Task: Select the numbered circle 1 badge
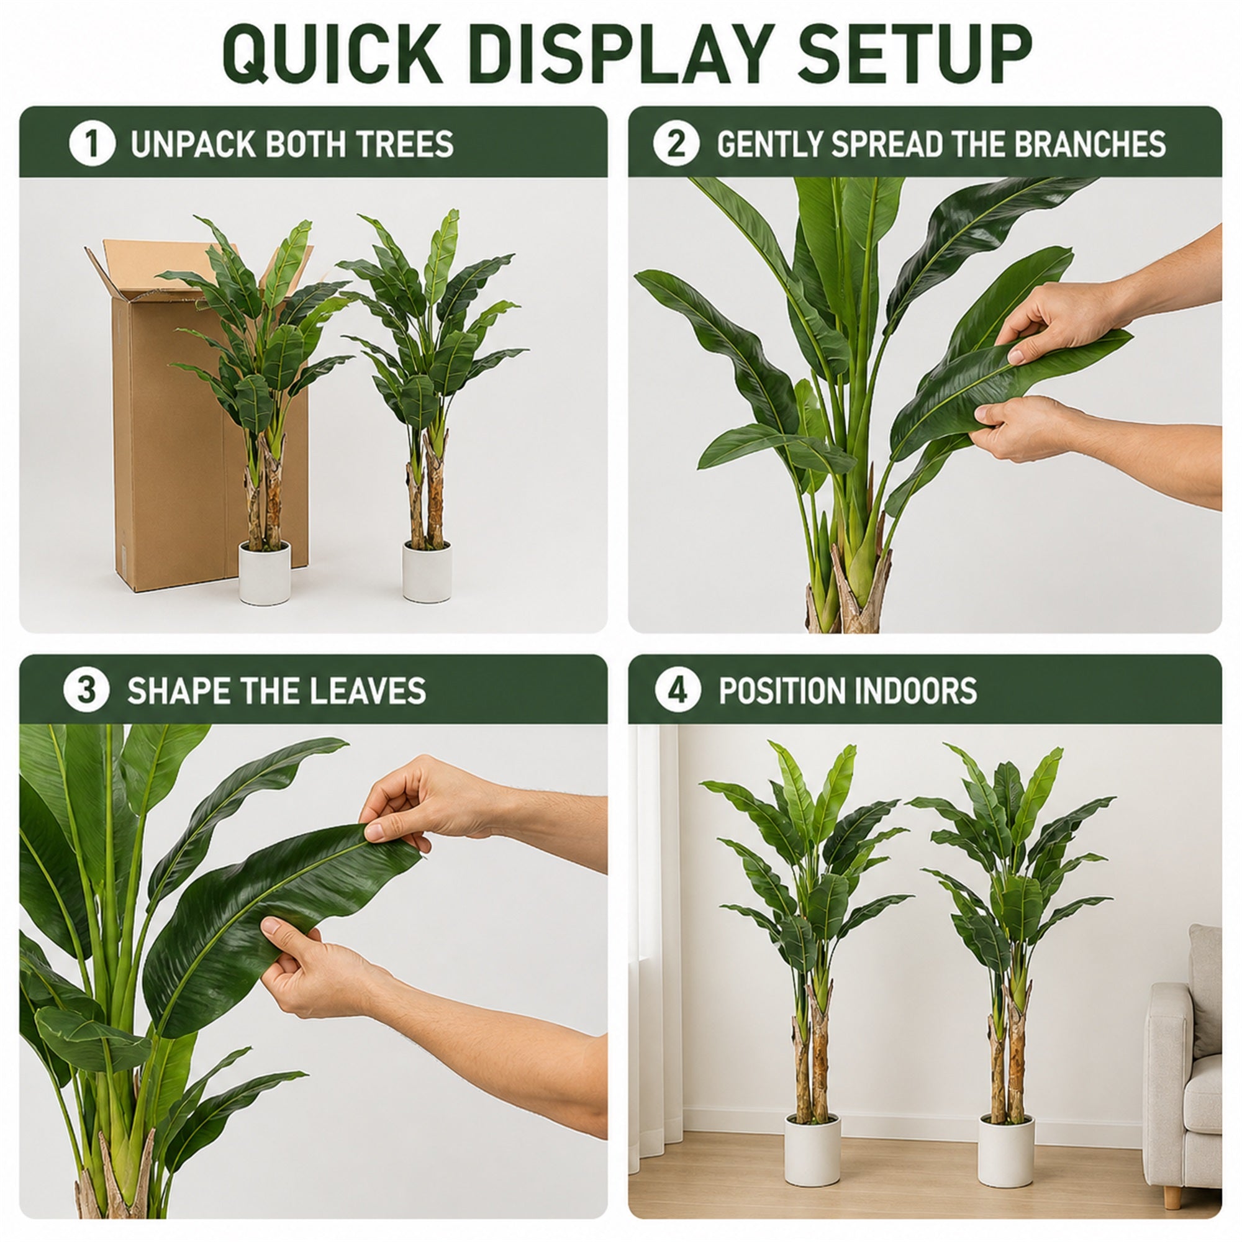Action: [92, 143]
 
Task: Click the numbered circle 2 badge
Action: [676, 143]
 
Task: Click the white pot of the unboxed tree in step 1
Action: [427, 571]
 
